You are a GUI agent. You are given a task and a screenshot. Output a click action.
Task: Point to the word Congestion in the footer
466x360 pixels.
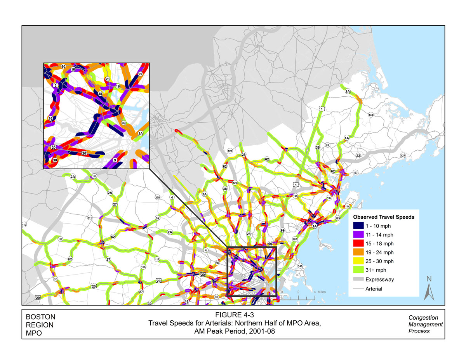423,318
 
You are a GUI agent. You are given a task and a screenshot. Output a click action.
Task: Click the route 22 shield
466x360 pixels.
358,155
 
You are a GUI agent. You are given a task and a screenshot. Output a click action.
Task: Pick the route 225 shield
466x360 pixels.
157,198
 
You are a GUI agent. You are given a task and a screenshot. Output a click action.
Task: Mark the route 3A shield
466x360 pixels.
205,194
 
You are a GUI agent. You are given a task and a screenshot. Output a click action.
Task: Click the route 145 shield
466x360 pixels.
299,266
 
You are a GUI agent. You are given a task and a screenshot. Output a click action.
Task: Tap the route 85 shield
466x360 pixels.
56,279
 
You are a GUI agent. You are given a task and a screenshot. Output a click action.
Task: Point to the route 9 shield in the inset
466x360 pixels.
115,160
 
